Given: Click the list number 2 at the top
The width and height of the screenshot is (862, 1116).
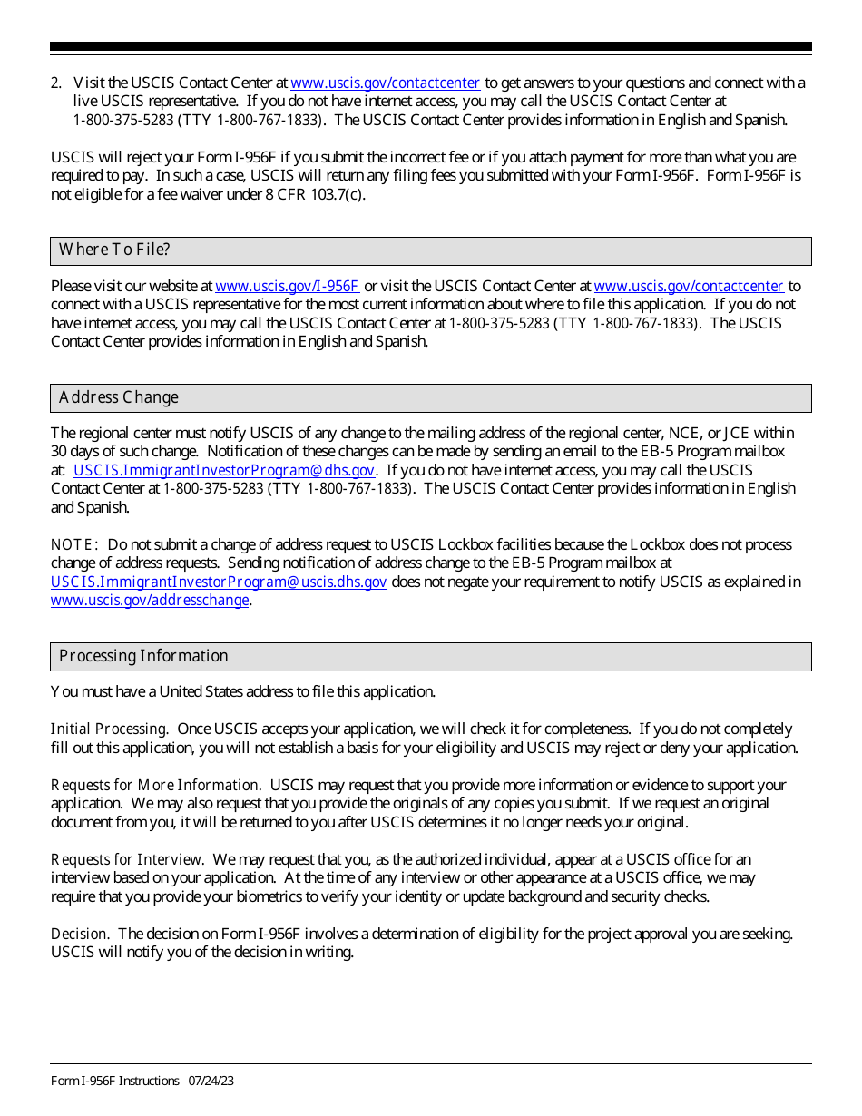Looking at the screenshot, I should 55,83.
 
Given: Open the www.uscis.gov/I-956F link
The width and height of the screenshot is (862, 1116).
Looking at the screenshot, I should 287,287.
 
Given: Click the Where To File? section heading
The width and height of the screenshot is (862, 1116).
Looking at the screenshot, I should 114,250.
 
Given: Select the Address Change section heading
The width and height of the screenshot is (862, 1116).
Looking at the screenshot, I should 119,397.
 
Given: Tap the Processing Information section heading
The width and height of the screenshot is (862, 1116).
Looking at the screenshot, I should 143,656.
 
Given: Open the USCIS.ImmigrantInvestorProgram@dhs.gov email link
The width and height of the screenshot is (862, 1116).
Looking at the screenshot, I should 224,470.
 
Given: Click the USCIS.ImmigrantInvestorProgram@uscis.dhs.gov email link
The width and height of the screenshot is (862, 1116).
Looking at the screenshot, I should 219,582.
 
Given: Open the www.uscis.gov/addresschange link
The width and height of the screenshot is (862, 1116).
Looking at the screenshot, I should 150,601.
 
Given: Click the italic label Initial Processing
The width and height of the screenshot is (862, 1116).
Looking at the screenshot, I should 108,729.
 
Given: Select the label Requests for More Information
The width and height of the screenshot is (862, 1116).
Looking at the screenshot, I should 155,785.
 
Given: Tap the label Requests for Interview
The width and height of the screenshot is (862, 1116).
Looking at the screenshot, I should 126,859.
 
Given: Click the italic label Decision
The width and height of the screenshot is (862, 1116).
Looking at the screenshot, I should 80,934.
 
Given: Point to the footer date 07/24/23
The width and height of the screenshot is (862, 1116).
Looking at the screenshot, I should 211,1081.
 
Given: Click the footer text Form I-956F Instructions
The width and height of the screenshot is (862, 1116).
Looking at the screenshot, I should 115,1081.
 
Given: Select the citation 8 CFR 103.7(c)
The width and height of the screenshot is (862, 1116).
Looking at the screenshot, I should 311,194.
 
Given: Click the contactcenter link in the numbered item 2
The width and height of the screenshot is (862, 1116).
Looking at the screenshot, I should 385,83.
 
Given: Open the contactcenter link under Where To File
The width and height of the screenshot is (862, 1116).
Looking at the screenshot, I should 688,287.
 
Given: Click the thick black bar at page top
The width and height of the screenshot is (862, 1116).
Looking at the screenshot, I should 431,46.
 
